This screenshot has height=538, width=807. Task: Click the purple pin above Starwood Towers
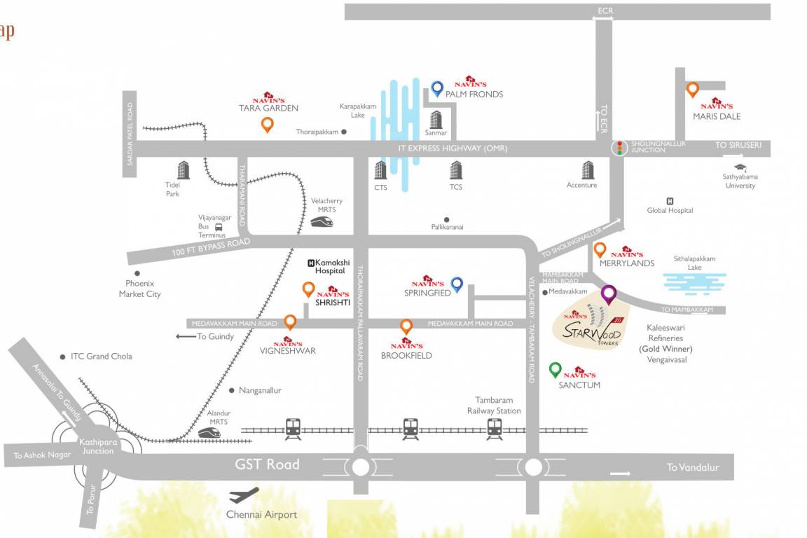pyautogui.click(x=608, y=294)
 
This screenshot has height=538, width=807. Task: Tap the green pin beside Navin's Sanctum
pyautogui.click(x=555, y=369)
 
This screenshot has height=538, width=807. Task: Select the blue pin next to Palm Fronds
pyautogui.click(x=437, y=88)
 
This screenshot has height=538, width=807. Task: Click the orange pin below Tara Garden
pyautogui.click(x=267, y=125)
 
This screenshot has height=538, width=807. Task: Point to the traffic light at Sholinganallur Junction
pyautogui.click(x=619, y=148)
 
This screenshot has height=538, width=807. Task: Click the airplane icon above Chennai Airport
pyautogui.click(x=244, y=495)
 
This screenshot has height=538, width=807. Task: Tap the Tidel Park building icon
pyautogui.click(x=184, y=170)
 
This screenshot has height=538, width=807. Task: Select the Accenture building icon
pyautogui.click(x=588, y=170)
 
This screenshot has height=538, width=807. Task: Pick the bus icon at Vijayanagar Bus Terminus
pyautogui.click(x=219, y=226)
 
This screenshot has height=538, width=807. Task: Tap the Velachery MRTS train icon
pyautogui.click(x=322, y=221)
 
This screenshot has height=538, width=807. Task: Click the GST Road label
pyautogui.click(x=267, y=464)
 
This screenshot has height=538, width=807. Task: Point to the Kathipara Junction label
pyautogui.click(x=96, y=446)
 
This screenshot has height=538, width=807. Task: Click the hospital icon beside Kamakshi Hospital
pyautogui.click(x=311, y=263)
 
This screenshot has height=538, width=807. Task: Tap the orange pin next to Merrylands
pyautogui.click(x=600, y=249)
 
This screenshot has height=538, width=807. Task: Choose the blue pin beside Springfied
pyautogui.click(x=457, y=284)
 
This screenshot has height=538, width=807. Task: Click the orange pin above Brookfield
pyautogui.click(x=406, y=326)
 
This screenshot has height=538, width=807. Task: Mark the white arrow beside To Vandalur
pyautogui.click(x=620, y=474)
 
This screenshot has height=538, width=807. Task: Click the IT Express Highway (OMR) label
pyautogui.click(x=453, y=149)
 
